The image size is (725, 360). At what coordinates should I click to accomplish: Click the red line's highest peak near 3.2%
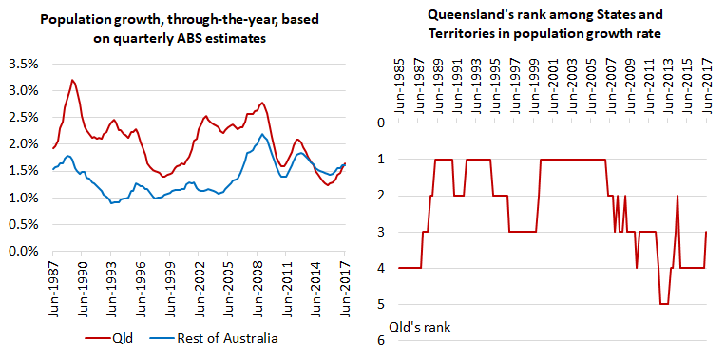(x=72, y=80)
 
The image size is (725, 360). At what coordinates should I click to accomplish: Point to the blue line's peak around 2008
(x=262, y=134)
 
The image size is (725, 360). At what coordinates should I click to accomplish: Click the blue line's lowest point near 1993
(x=111, y=203)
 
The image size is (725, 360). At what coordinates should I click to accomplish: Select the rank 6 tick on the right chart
(x=381, y=341)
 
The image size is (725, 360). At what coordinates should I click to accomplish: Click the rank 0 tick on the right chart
(x=381, y=123)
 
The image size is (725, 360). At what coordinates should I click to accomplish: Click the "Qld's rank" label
(x=420, y=327)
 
